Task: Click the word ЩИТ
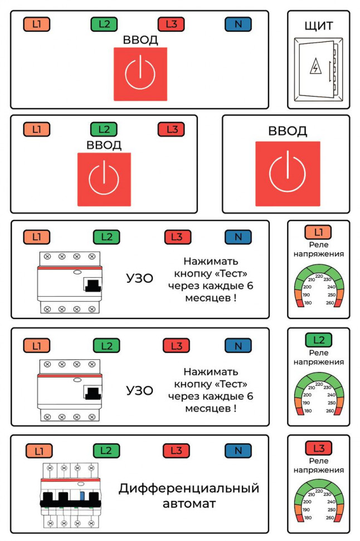pos(319,26)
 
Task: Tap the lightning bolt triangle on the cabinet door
pos(315,66)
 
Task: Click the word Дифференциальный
pos(189,489)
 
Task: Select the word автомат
pos(189,504)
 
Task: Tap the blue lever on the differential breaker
pos(82,496)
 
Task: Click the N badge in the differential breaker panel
pos(238,451)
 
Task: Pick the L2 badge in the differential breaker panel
pos(106,451)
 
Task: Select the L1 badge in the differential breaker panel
pos(39,451)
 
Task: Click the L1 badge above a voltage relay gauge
pos(318,232)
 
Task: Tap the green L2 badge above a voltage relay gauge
pos(319,340)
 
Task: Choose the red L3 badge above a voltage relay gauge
pos(319,448)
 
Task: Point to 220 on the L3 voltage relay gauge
pos(319,491)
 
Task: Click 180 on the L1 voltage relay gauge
pos(308,303)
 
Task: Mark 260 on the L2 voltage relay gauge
pos(330,411)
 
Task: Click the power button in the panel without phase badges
pos(288,173)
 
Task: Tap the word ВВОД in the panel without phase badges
pos(288,131)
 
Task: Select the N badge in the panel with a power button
pos(238,24)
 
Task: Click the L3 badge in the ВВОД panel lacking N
pos(172,129)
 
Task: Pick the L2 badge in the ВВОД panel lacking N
pos(104,129)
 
